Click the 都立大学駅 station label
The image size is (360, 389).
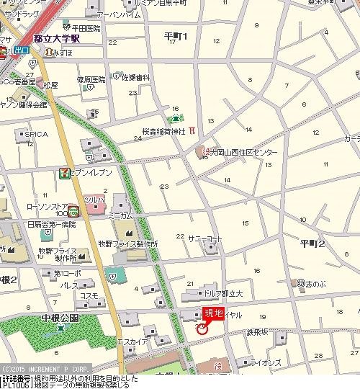[58, 40]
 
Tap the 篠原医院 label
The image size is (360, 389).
[91, 79]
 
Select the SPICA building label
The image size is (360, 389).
[36, 134]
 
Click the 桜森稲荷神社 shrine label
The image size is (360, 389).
[163, 132]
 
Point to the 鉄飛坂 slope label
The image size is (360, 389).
[257, 331]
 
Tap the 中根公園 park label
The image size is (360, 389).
[59, 318]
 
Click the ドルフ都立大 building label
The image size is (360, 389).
[227, 293]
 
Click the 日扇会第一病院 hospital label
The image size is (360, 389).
[51, 225]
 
